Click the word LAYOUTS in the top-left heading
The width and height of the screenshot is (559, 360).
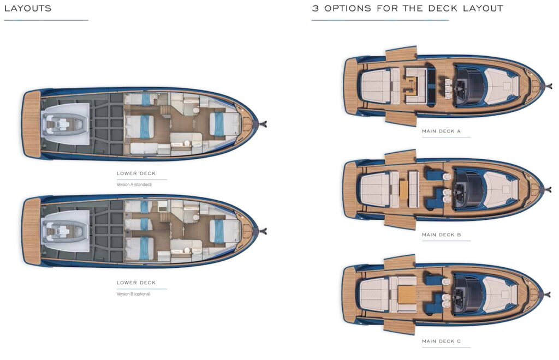point(28,8)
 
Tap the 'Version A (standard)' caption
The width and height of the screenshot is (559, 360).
point(134,184)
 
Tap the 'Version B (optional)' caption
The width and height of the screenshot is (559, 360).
point(133,293)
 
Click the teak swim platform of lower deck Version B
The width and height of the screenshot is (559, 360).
point(32,231)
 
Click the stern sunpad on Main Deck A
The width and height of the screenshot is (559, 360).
point(375,86)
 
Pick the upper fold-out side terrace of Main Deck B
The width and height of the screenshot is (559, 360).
point(400,157)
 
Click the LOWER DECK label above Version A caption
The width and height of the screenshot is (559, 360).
point(136,173)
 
